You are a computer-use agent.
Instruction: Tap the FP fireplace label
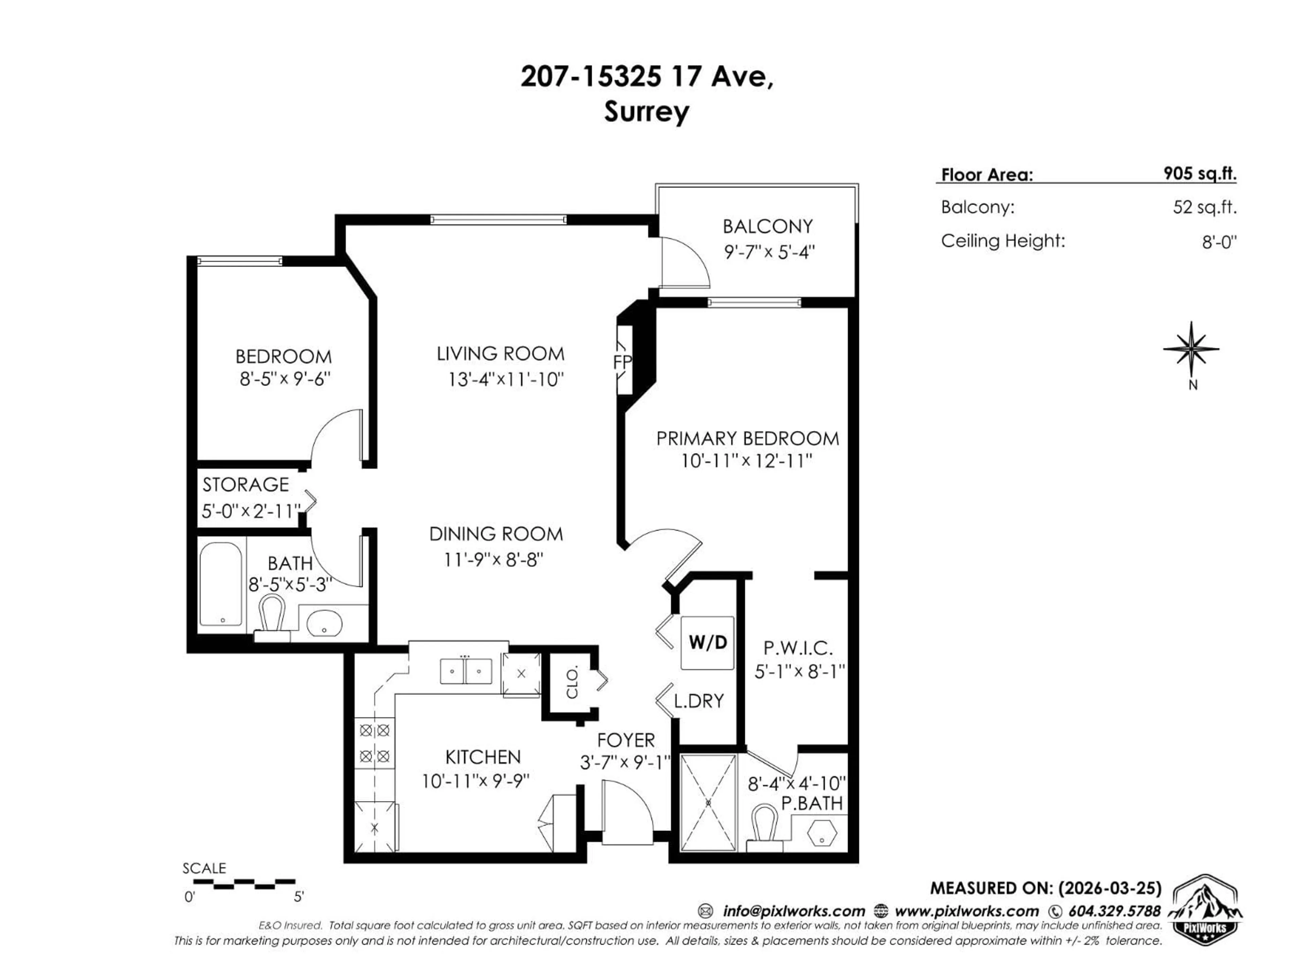[x=622, y=361]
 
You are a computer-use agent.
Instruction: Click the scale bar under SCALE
[x=244, y=884]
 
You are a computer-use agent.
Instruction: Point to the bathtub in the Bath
[x=220, y=584]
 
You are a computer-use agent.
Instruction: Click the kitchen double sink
[x=466, y=671]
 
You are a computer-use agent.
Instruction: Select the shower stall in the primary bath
[x=708, y=802]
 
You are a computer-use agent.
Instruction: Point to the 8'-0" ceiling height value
[x=1219, y=242]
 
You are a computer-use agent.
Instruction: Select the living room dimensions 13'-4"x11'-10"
[x=506, y=379]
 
